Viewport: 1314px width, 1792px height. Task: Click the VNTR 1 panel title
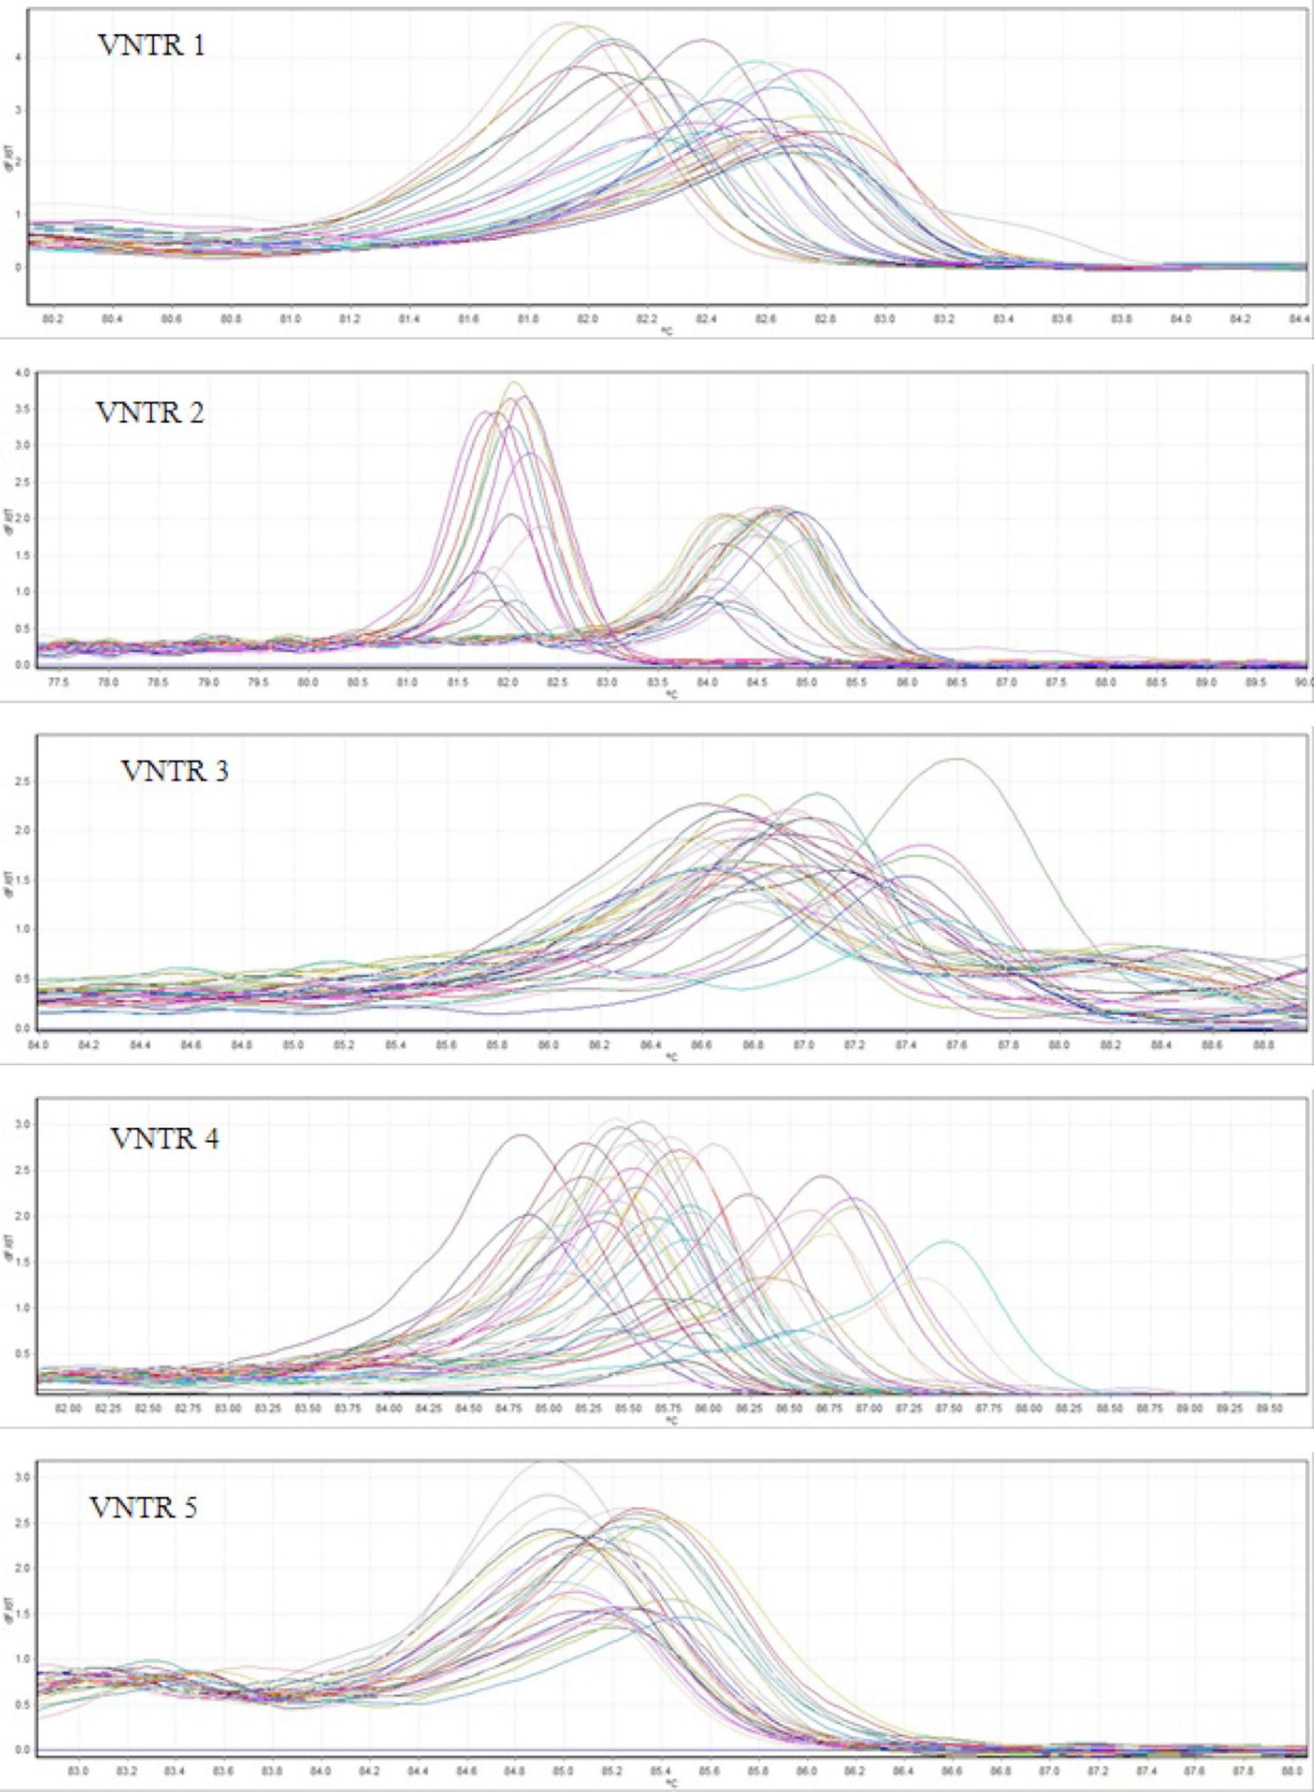pos(151,44)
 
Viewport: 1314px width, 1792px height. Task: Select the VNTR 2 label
pos(150,413)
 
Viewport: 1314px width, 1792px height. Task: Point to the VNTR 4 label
pos(165,1139)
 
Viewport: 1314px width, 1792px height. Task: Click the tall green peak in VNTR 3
pos(958,760)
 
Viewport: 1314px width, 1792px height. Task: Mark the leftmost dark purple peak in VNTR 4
pos(520,1136)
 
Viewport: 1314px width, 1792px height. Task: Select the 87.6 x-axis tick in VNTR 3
pos(958,1044)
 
